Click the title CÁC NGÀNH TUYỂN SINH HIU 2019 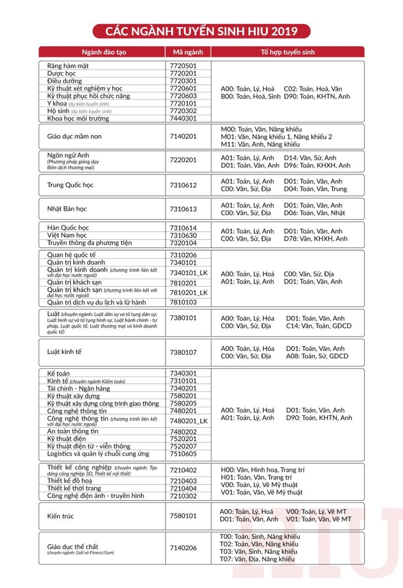[x=201, y=31]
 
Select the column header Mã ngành [x=188, y=52]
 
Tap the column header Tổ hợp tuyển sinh [x=288, y=52]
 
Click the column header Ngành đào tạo [x=104, y=52]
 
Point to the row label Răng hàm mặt [x=68, y=66]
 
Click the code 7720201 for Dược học [x=183, y=73]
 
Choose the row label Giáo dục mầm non [x=74, y=136]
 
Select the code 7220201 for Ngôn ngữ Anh [x=183, y=160]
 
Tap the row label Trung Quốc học [x=70, y=185]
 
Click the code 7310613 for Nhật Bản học [x=183, y=209]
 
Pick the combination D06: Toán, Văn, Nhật [x=314, y=213]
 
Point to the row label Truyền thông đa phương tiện [x=89, y=243]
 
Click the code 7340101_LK [x=188, y=273]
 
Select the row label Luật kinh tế [x=64, y=352]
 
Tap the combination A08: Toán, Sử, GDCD [x=317, y=356]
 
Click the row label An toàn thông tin [x=73, y=431]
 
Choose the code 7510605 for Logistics [x=183, y=454]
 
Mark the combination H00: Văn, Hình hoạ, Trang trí [x=263, y=470]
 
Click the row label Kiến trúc [x=60, y=516]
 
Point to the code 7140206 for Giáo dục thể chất [x=183, y=548]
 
